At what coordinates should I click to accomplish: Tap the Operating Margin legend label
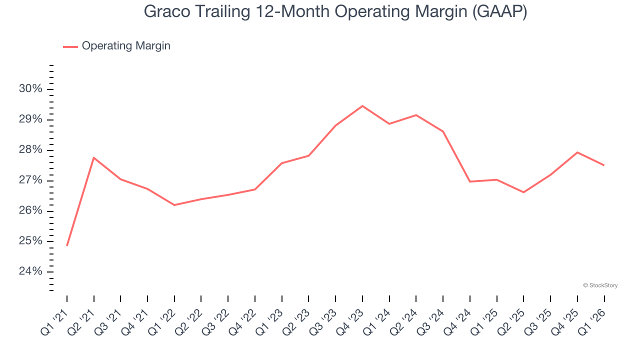pos(126,46)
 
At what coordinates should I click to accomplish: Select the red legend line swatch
pos(70,46)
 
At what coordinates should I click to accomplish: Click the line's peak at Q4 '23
pos(362,106)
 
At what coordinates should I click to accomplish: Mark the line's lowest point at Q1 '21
pos(67,245)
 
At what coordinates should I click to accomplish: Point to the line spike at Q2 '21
pos(94,158)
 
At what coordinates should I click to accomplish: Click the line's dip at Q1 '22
pos(174,205)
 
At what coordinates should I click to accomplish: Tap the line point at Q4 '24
pos(470,181)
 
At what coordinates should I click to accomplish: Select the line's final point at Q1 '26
pos(604,165)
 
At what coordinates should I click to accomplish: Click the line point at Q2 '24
pos(416,115)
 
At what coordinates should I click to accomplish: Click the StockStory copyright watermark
pos(600,285)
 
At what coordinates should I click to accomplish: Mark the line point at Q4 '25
pos(577,152)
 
